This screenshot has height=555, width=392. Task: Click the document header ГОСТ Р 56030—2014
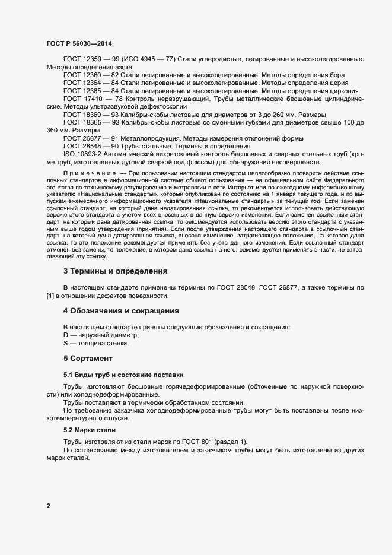78,44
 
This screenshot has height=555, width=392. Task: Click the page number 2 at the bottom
48,506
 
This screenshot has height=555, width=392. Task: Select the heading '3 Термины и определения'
115,271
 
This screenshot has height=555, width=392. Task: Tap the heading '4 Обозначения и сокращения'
121,311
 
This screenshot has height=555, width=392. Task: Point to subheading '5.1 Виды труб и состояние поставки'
123,375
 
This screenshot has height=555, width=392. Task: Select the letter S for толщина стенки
66,343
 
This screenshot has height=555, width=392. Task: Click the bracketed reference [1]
50,296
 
